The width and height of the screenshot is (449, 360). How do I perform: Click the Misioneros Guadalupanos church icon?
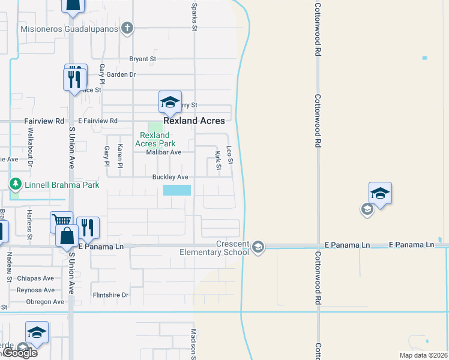[x=127, y=28]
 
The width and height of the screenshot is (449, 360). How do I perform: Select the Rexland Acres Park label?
[x=155, y=139]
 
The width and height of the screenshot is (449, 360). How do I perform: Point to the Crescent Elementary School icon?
[x=258, y=247]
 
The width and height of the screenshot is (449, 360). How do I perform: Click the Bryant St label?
[x=143, y=59]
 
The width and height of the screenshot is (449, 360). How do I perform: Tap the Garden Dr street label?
[x=122, y=74]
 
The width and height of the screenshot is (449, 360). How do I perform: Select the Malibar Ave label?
[x=164, y=152]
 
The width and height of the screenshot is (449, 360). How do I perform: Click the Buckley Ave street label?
[x=170, y=177]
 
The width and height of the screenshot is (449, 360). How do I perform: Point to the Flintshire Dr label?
[x=110, y=295]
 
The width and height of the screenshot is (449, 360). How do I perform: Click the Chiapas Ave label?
[x=36, y=278]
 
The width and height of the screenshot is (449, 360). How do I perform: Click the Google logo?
[x=20, y=353]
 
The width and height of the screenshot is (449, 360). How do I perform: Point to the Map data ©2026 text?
[x=423, y=355]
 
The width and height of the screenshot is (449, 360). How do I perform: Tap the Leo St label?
[x=229, y=156]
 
